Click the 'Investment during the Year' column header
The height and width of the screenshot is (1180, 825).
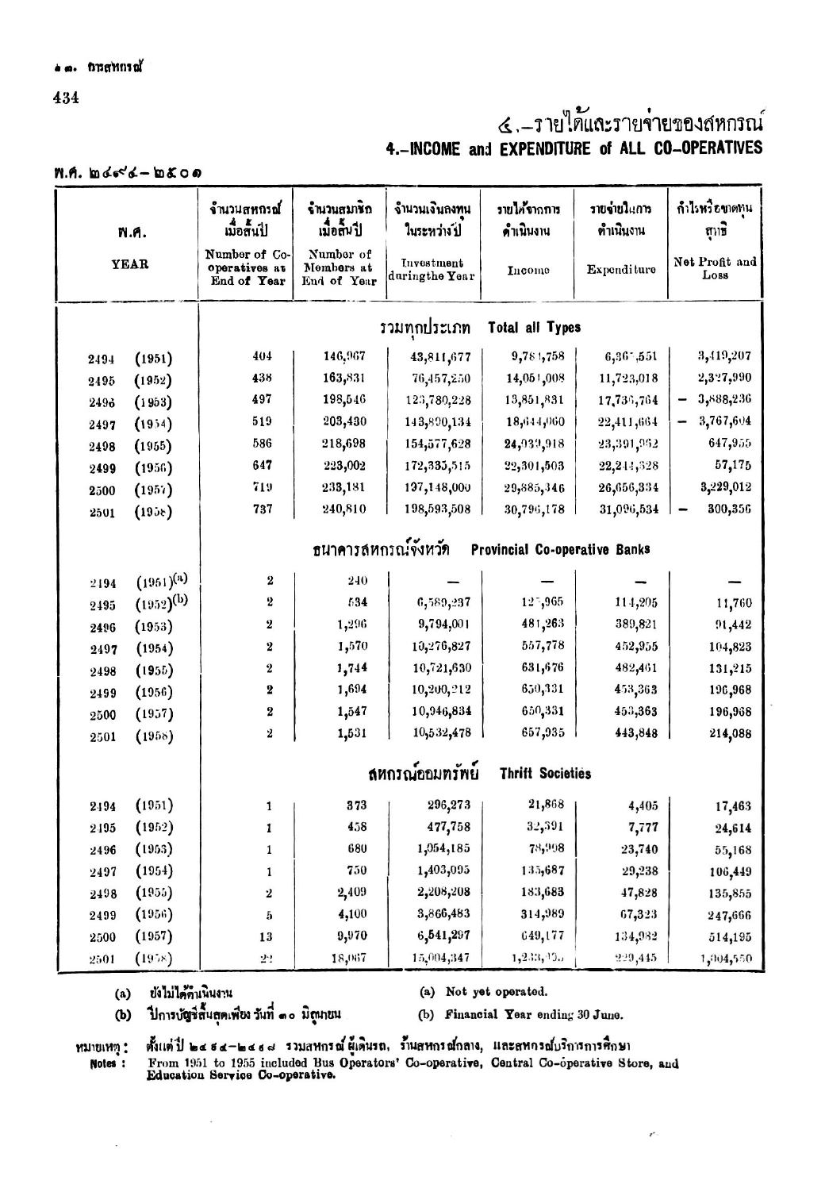(x=432, y=269)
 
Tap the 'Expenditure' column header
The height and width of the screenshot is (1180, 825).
(x=621, y=270)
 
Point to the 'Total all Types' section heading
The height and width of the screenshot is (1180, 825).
(x=534, y=327)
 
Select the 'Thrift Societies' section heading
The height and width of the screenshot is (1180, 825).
(x=545, y=773)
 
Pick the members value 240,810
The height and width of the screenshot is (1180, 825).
(x=341, y=509)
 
